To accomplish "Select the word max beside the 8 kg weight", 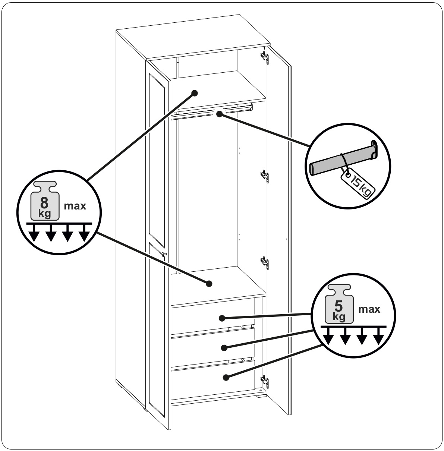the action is coord(75,206).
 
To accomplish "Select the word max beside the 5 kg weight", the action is coord(369,309).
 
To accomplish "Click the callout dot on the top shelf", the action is coord(194,93).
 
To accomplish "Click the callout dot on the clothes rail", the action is coord(219,114).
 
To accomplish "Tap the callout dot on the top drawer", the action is coord(222,318).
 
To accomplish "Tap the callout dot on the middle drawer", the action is coord(224,348).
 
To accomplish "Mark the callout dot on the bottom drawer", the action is coord(226,378).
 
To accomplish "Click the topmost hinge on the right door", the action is coord(265,55).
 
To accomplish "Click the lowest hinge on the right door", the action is coord(265,380).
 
